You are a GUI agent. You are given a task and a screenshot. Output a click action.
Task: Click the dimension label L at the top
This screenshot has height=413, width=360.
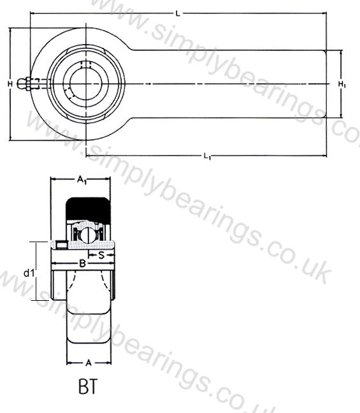178,13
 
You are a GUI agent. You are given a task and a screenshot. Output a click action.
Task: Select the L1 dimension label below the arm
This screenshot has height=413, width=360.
208,156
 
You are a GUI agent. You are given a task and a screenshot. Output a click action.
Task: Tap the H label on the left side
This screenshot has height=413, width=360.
10,84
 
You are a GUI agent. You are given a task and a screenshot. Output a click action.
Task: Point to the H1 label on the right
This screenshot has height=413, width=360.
342,84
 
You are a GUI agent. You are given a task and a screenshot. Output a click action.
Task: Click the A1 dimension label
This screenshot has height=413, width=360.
82,180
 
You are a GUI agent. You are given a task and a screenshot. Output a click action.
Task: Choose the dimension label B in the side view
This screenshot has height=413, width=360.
82,263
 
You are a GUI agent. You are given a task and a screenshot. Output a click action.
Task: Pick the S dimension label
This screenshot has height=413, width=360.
101,255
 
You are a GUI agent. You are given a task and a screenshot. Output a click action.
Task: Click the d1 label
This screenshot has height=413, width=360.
29,273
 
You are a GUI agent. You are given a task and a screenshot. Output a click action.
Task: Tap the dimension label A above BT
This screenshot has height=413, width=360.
89,363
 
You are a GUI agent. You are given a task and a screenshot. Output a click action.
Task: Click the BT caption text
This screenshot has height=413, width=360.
88,386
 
